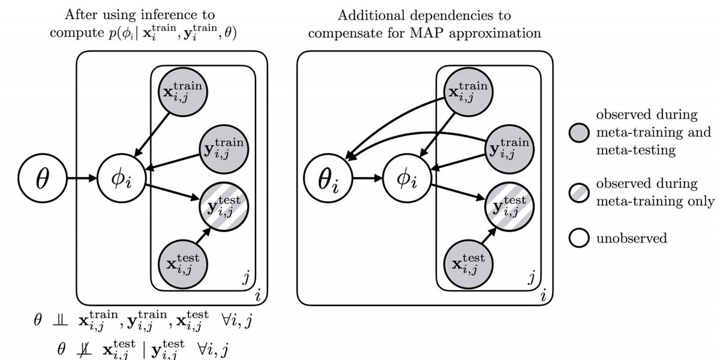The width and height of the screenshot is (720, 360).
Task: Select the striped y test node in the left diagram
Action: coord(223,205)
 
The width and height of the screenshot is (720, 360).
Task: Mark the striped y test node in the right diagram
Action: coord(508,205)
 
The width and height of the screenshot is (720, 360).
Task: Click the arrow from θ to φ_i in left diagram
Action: coord(79,179)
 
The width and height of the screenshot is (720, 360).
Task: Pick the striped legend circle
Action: coord(580,193)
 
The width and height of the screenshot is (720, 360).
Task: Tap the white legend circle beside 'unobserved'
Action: coord(580,239)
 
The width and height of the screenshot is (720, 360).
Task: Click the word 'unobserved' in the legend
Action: coord(631,238)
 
